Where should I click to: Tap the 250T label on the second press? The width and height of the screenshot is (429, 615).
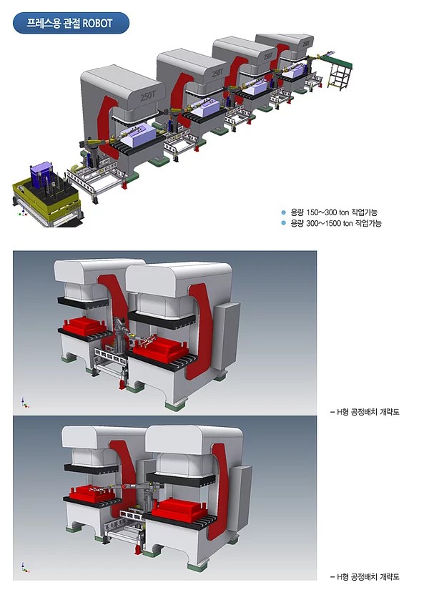pyautogui.click(x=217, y=72)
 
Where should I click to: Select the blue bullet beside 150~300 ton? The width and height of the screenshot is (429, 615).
pyautogui.click(x=284, y=212)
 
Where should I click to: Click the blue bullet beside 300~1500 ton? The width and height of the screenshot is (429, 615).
pyautogui.click(x=284, y=223)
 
